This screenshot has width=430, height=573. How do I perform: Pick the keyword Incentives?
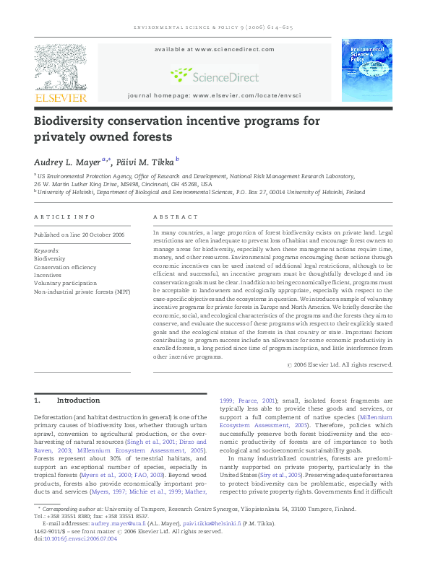pyautogui.click(x=48, y=275)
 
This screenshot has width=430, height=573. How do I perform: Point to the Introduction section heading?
pyautogui.click(x=77, y=401)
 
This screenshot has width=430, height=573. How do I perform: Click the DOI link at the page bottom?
pyautogui.click(x=81, y=538)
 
